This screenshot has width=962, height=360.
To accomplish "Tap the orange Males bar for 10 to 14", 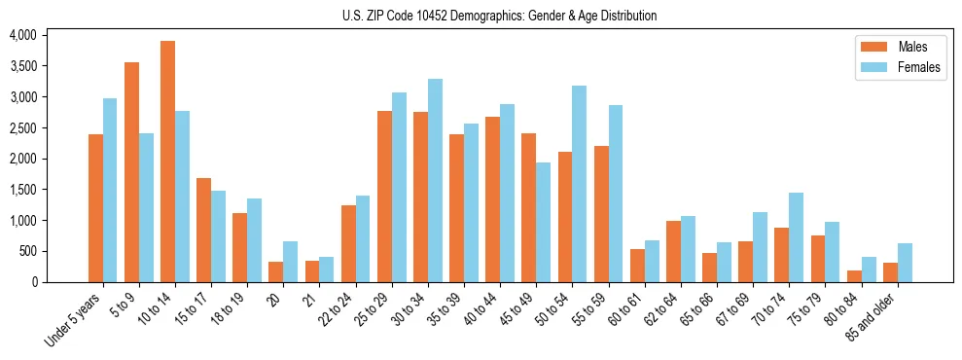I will (x=168, y=162).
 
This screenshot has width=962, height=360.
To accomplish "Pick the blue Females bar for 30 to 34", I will (x=435, y=181).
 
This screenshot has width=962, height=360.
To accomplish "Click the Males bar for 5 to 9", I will (x=132, y=172).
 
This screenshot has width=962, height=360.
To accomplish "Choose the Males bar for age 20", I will (x=276, y=271).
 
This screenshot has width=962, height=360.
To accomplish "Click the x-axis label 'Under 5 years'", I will (x=72, y=322).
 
